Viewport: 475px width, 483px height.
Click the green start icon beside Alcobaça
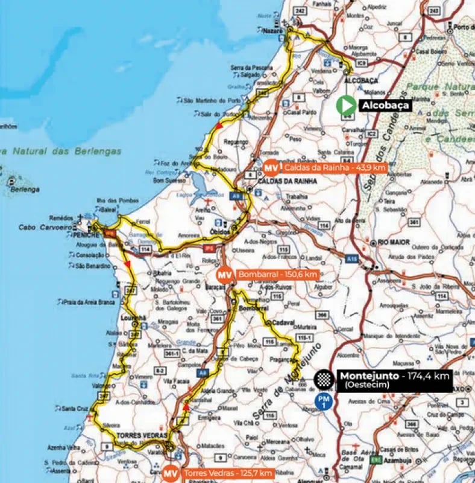tap(346, 105)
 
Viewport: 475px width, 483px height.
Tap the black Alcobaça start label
tap(385, 105)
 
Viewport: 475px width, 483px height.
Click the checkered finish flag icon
tap(323, 379)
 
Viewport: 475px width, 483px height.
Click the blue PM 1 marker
tap(324, 401)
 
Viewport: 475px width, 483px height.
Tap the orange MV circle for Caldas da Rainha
tap(271, 167)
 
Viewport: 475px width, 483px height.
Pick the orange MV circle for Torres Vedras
tap(171, 473)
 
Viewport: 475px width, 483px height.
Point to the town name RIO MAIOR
tap(394, 242)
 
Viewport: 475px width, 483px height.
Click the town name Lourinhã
tap(133, 318)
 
